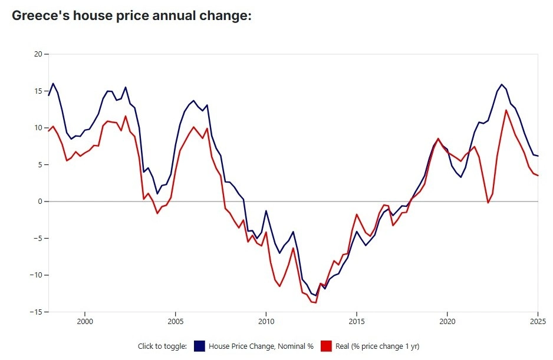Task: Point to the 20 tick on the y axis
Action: click(39, 54)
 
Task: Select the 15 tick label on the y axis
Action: click(39, 91)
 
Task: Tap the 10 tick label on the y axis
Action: click(39, 128)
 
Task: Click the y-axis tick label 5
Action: click(41, 165)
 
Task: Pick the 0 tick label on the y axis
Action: click(41, 202)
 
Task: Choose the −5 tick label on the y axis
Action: click(39, 239)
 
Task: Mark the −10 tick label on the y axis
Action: click(37, 275)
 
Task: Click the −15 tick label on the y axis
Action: click(37, 312)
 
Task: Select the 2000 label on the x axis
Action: click(85, 322)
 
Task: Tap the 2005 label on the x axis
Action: click(175, 322)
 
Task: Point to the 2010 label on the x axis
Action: click(266, 322)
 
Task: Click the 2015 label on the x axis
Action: click(357, 322)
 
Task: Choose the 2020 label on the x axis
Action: click(447, 322)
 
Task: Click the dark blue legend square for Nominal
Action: click(198, 346)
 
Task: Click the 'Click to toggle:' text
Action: click(162, 346)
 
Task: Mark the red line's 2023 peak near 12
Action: click(506, 110)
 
